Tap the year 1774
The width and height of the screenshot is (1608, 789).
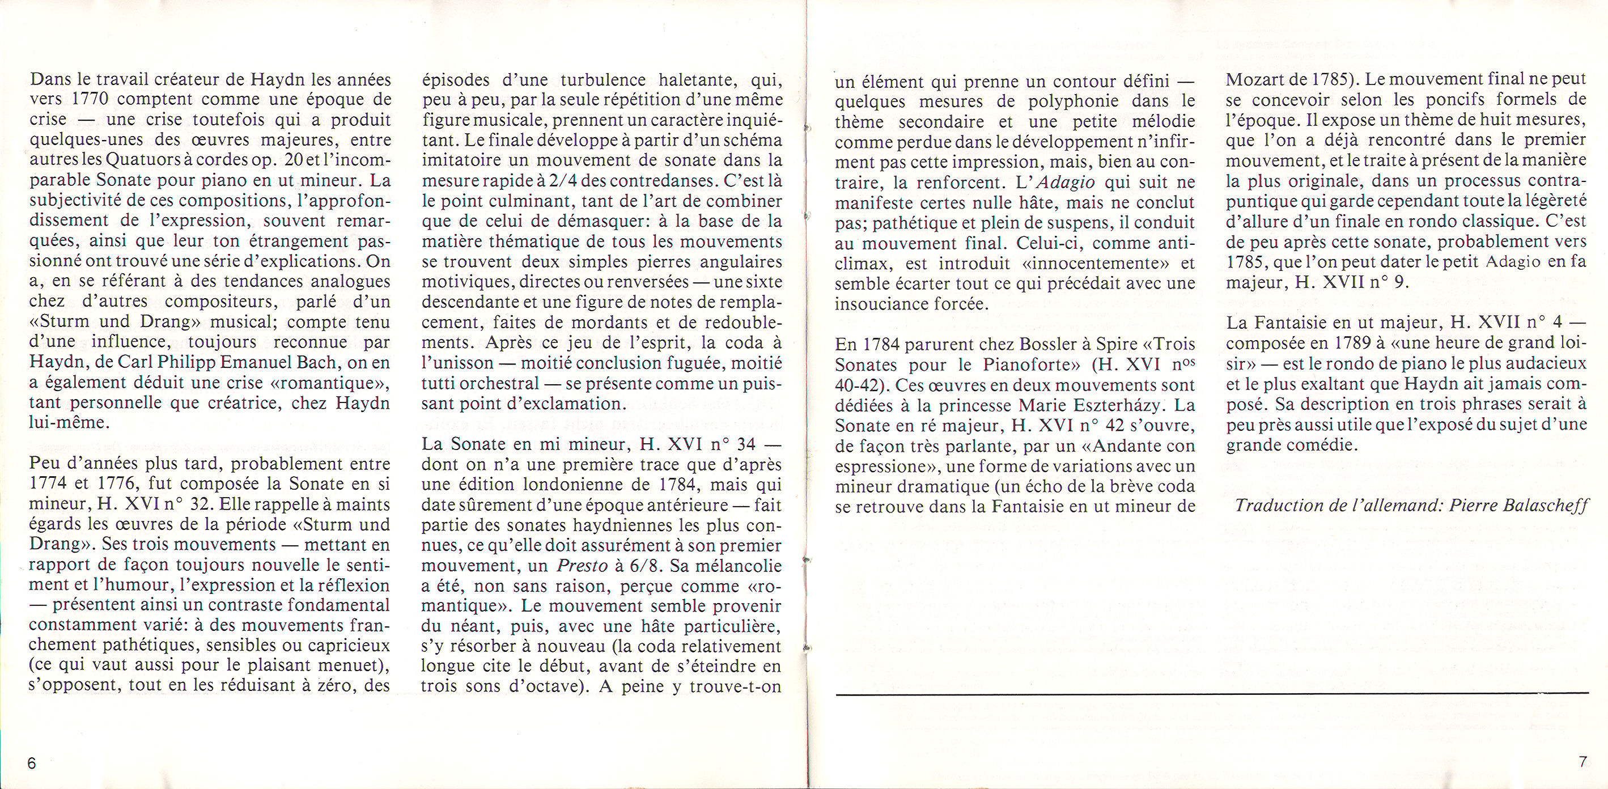pos(49,485)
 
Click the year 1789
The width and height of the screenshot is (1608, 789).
pos(1335,343)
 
